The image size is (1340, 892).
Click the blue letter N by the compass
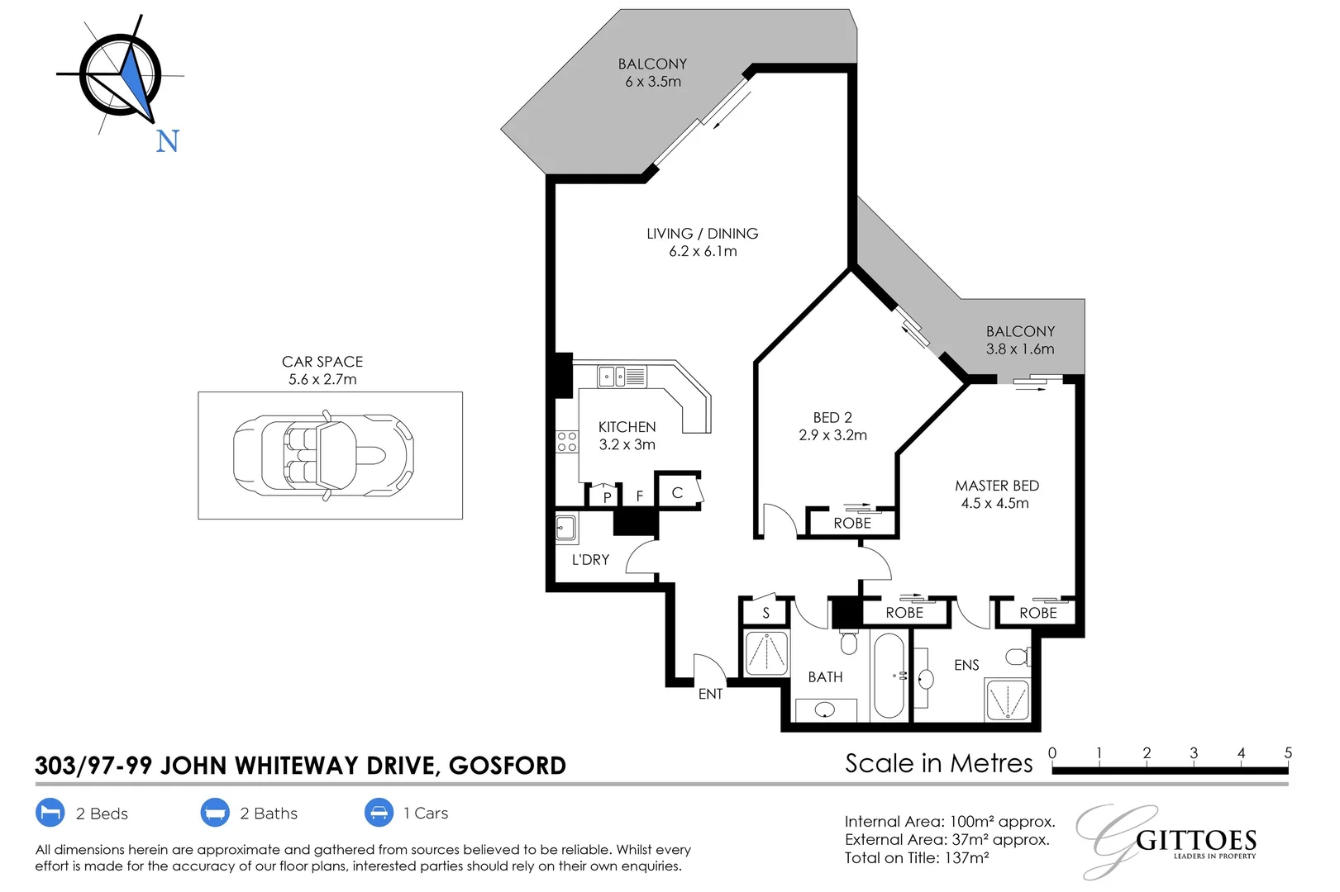click(168, 141)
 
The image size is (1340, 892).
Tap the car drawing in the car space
click(323, 455)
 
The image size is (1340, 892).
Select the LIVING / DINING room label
click(702, 234)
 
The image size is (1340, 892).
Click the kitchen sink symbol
click(622, 377)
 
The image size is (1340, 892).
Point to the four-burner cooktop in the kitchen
click(567, 441)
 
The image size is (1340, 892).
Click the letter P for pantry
click(608, 497)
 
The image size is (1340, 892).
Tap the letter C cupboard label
click(677, 493)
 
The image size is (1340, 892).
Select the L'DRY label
click(590, 560)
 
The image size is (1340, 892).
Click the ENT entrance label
click(710, 695)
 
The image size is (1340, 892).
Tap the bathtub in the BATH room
click(889, 675)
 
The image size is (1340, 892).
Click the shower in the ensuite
click(1007, 700)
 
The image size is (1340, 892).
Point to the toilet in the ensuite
click(1018, 657)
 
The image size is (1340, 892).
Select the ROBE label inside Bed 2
click(852, 524)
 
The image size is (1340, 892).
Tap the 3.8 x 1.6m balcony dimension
click(1020, 349)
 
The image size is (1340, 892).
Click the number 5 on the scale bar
click(1287, 753)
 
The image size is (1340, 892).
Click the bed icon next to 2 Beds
click(50, 813)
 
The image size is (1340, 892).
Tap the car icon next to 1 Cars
click(379, 813)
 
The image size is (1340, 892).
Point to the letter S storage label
click(765, 613)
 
